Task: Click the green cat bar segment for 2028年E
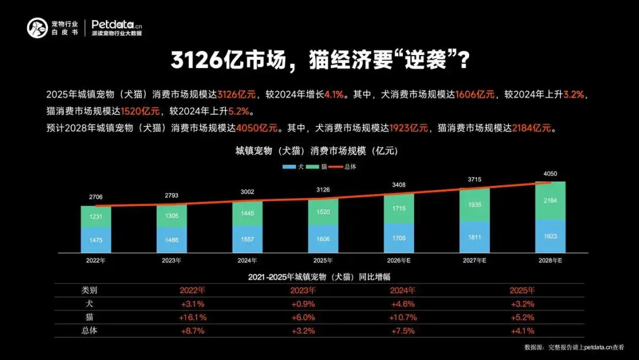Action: (550, 200)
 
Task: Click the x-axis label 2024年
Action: (247, 260)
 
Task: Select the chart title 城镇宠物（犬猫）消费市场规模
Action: (317, 151)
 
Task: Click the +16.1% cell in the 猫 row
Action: (192, 317)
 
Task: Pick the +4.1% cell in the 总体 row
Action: (522, 331)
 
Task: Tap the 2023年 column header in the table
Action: (303, 291)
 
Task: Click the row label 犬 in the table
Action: (89, 304)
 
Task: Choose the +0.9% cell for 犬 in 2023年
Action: (303, 304)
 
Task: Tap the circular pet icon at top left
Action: (37, 27)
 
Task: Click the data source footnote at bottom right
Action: (574, 348)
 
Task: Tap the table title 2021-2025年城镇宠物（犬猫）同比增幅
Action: (319, 277)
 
